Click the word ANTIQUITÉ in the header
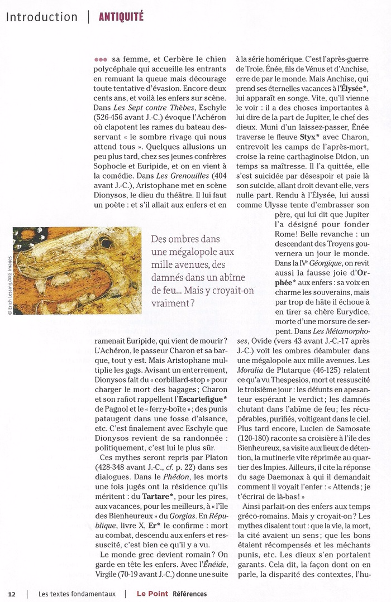pos(121,17)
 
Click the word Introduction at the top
pos(42,17)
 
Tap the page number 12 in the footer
pos(12,594)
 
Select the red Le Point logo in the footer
pos(152,594)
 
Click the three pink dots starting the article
pos(101,59)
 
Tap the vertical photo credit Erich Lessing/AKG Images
pos(8,286)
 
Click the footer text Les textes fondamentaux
pos(75,594)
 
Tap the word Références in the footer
pos(190,594)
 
